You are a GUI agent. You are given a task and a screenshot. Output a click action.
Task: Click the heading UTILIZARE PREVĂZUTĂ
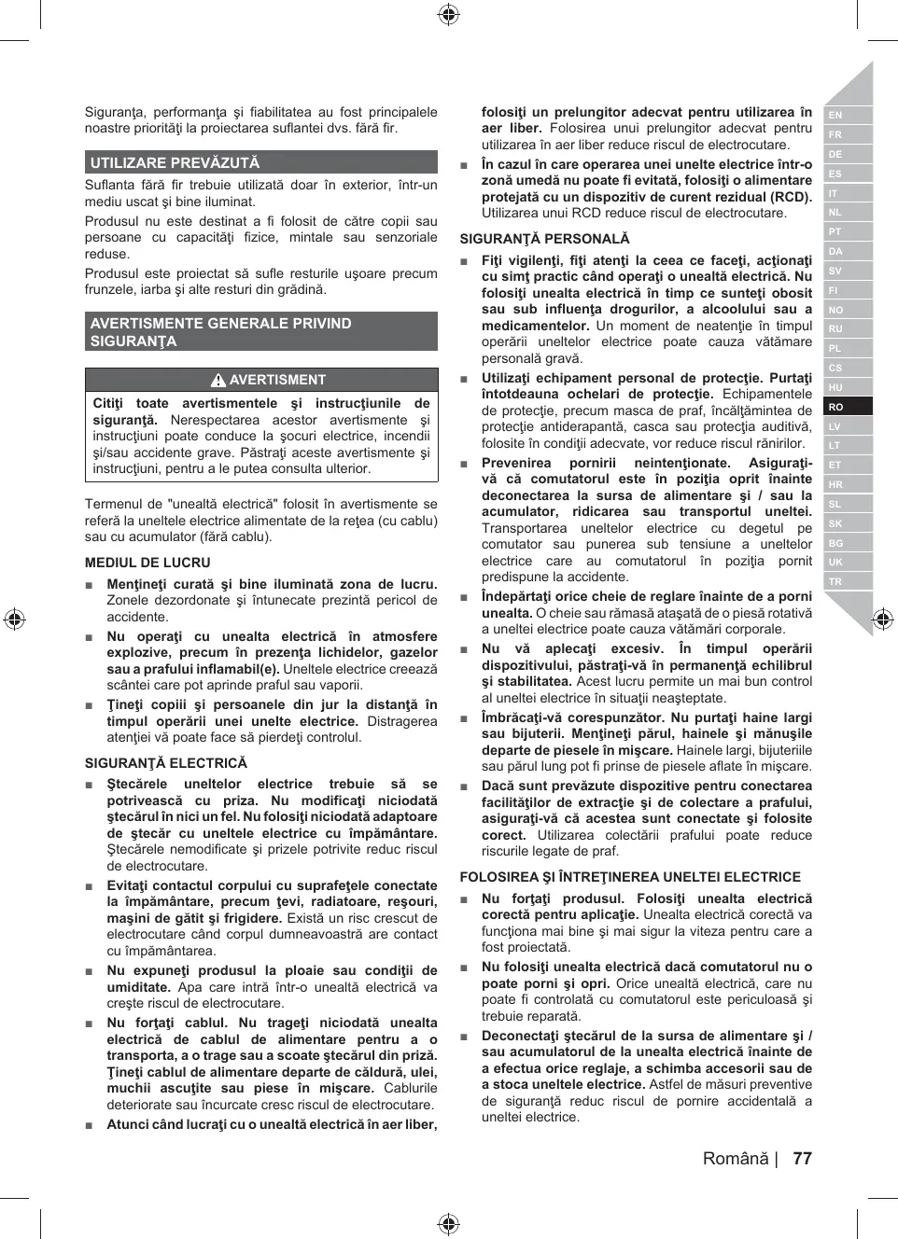tap(175, 162)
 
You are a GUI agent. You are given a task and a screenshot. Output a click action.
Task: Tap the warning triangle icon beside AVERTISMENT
tap(218, 380)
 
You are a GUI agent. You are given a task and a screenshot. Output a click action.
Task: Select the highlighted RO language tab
tap(836, 407)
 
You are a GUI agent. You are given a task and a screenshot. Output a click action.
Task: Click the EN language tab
tap(836, 115)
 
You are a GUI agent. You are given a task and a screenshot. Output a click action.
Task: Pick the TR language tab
tap(836, 581)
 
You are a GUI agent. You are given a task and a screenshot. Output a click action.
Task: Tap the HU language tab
tap(836, 387)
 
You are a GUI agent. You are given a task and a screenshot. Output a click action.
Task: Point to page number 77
tap(802, 1159)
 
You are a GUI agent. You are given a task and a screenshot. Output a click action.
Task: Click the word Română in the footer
tap(736, 1159)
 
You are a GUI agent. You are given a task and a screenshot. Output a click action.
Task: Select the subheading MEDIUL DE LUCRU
tap(147, 563)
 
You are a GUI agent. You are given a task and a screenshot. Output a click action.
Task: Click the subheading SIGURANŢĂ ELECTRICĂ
tap(166, 763)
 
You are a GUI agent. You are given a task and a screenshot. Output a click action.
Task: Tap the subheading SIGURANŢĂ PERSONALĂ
tap(544, 239)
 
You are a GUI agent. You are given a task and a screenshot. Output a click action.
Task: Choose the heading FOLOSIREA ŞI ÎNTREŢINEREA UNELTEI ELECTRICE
tap(630, 877)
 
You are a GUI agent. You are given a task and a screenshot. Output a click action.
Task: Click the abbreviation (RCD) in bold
tap(790, 197)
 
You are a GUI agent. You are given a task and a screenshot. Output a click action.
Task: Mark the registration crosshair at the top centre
tap(448, 14)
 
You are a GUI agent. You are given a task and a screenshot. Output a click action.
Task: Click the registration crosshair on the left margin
tap(14, 619)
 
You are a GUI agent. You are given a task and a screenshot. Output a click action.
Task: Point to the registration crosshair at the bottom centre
tap(448, 1224)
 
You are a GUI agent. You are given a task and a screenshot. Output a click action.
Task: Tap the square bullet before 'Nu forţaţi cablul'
tap(90, 1023)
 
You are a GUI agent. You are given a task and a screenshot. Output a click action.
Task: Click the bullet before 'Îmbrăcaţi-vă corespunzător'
tap(464, 718)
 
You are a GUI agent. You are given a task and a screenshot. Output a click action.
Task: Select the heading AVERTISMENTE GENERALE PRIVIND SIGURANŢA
tap(221, 332)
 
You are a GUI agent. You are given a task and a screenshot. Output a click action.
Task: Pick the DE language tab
tap(836, 154)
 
